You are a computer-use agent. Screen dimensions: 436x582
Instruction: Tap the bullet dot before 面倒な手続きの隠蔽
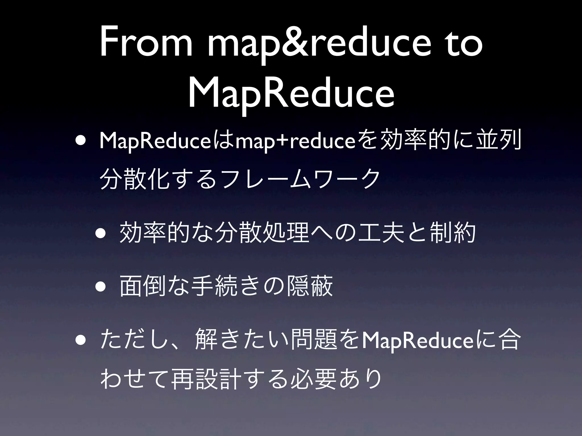click(x=101, y=286)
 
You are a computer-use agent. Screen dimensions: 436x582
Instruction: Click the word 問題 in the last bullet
click(x=312, y=339)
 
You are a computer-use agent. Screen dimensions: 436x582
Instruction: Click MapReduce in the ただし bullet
click(x=415, y=339)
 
